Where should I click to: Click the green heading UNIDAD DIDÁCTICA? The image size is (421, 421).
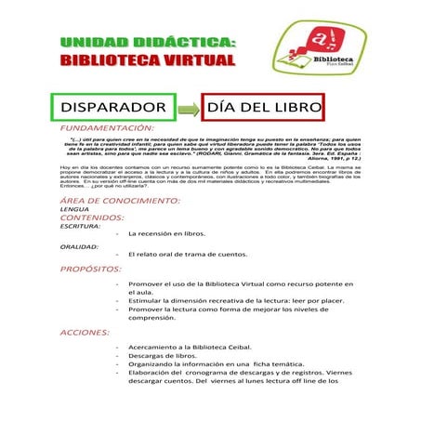(148, 43)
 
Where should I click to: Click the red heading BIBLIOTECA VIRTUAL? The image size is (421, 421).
(148, 60)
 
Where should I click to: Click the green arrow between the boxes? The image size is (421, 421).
(189, 109)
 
